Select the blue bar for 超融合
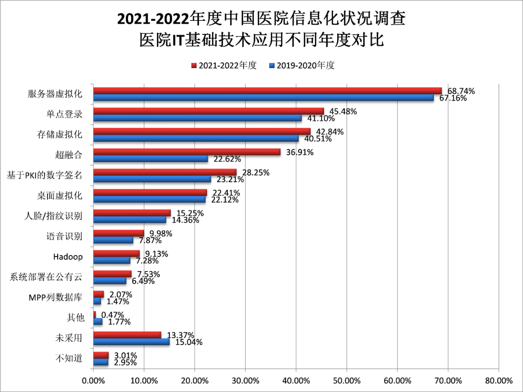[151, 159]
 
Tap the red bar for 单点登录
[208, 111]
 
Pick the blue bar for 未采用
[131, 342]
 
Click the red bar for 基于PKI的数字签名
[165, 172]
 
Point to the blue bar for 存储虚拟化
[196, 138]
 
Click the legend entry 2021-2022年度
[223, 65]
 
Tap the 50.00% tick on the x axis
[346, 380]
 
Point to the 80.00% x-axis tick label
[498, 380]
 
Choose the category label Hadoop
[68, 256]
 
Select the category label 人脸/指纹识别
[53, 216]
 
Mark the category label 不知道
[69, 359]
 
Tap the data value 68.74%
[461, 91]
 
